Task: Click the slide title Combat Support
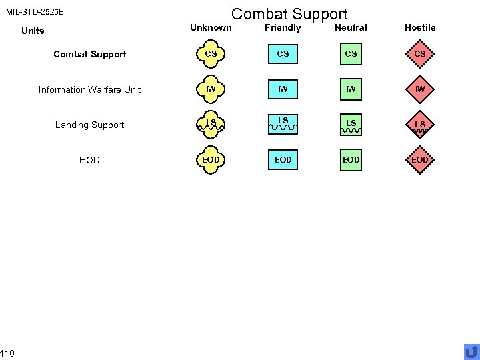coord(289,13)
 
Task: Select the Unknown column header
coord(211,27)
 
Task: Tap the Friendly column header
coord(283,27)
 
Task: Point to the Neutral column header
coord(351,27)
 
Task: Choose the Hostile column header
coord(420,27)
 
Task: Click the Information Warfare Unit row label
coord(89,89)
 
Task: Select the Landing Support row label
coord(89,125)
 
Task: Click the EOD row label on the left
coord(89,160)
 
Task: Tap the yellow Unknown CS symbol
coord(211,54)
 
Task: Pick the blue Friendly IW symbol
coord(283,89)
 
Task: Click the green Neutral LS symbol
coord(351,125)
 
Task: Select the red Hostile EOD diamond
coord(420,160)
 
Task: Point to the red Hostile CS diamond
coord(420,54)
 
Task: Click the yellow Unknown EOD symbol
coord(211,160)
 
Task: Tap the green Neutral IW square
coord(351,89)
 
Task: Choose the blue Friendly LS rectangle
coord(283,125)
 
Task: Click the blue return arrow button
coord(471,351)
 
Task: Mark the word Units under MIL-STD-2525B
coord(33,31)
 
